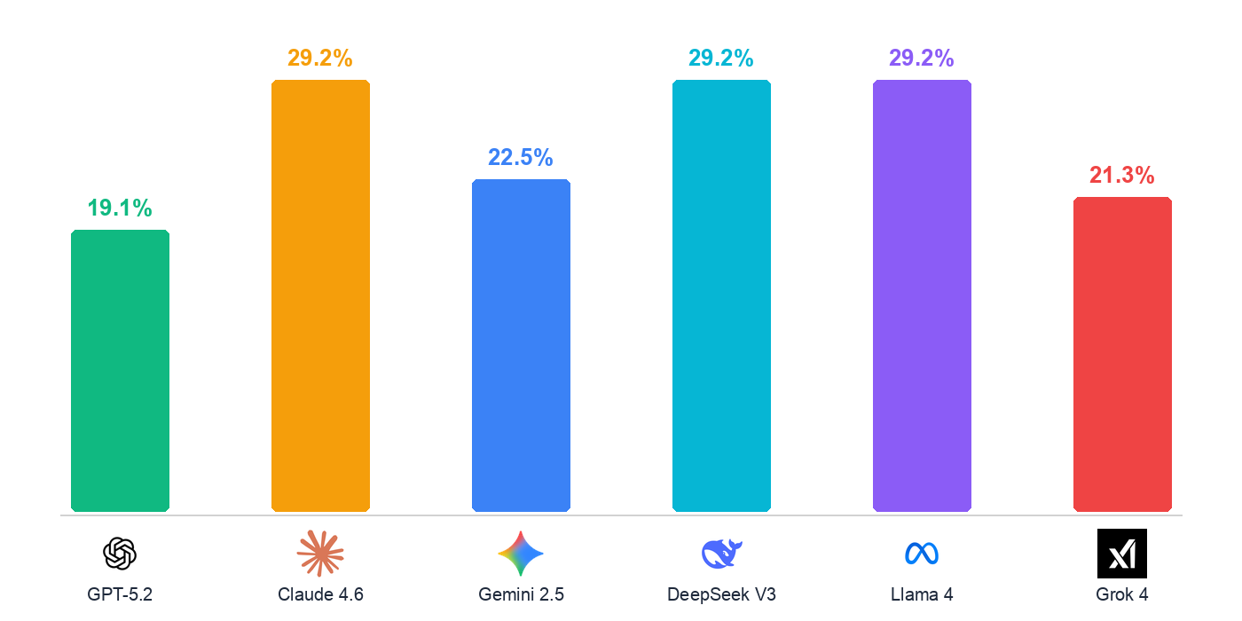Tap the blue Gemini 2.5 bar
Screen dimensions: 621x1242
tap(521, 345)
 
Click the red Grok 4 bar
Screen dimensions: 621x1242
tap(1122, 354)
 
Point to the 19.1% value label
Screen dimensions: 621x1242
tap(120, 208)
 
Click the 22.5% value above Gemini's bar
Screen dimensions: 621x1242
tap(521, 158)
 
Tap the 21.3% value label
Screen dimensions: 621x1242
tap(1122, 176)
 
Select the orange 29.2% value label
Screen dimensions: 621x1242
tap(320, 59)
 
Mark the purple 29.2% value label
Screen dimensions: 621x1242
tap(922, 59)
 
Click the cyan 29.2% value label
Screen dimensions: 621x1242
tap(721, 59)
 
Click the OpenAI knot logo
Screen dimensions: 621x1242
tap(120, 554)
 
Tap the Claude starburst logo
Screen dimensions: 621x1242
tap(320, 554)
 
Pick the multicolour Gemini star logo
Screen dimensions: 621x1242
tap(521, 554)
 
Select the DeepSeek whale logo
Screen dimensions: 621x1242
tap(721, 554)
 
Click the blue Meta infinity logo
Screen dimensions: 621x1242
tap(922, 554)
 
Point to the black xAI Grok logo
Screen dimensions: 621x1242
tap(1122, 554)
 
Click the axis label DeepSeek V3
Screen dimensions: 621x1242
tap(721, 594)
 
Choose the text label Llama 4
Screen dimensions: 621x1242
tap(922, 594)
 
